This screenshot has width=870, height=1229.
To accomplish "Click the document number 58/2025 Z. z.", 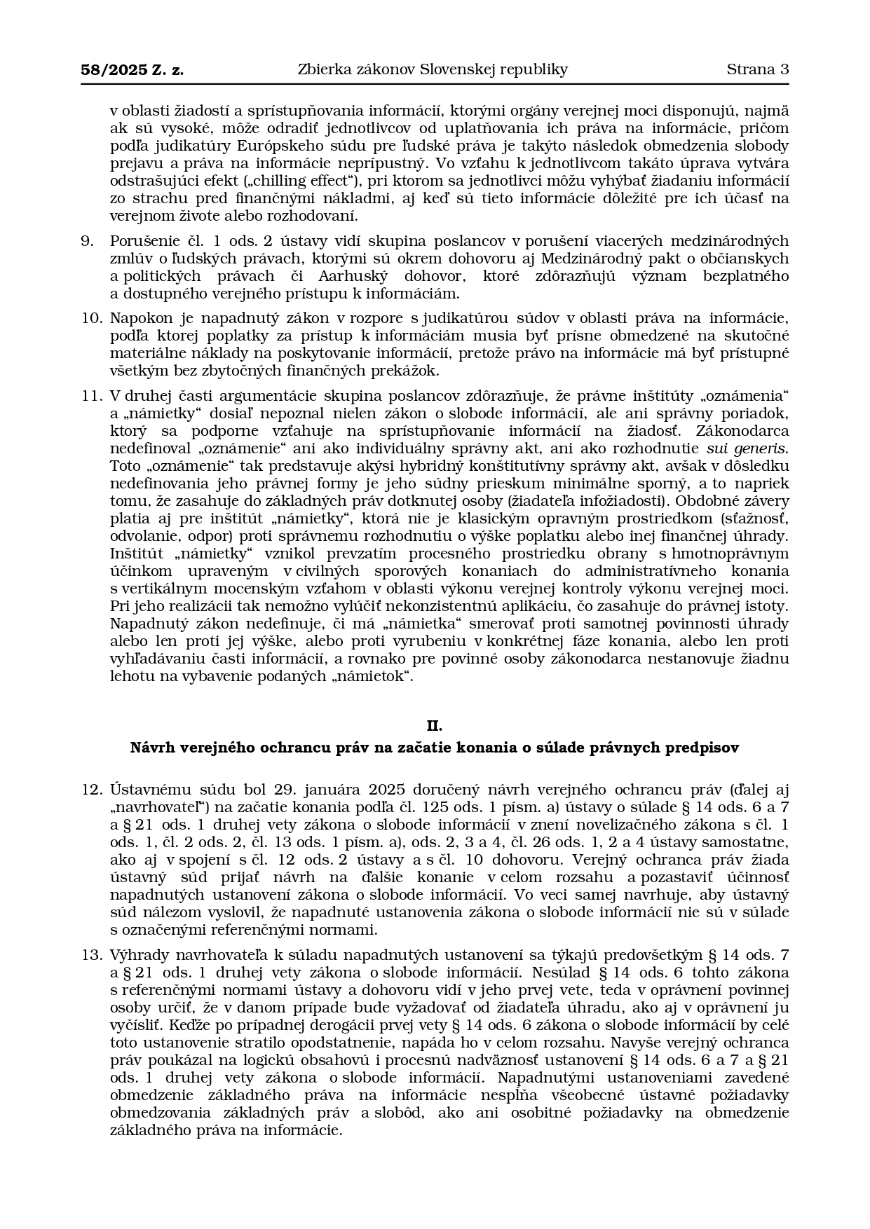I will pos(132,69).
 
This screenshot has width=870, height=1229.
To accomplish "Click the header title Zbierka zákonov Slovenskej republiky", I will pos(433,69).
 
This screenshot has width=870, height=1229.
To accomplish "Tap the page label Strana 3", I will pos(757,69).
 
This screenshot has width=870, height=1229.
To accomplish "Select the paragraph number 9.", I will pos(87,241).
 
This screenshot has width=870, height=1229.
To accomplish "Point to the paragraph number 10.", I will pos(91,318).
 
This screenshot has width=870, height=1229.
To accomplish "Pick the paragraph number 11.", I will pos(91,396).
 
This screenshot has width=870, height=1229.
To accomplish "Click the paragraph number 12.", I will pos(91,790).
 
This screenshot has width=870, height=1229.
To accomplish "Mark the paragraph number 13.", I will pos(91,955).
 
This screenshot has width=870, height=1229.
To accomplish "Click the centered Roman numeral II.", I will pos(435,725).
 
